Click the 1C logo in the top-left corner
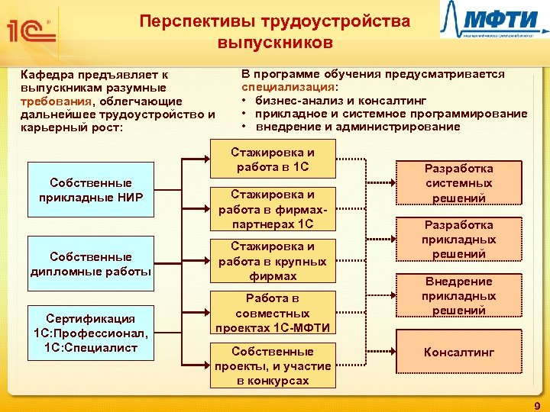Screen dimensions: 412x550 tap(29, 30)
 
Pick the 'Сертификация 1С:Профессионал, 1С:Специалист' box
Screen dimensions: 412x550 tap(90, 333)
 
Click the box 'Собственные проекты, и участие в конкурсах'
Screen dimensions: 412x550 tap(273, 365)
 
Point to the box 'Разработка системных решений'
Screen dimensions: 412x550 tap(458, 183)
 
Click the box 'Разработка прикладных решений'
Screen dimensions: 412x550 tap(458, 240)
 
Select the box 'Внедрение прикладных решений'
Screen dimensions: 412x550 tap(458, 296)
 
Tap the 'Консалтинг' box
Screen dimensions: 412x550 tap(458, 352)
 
